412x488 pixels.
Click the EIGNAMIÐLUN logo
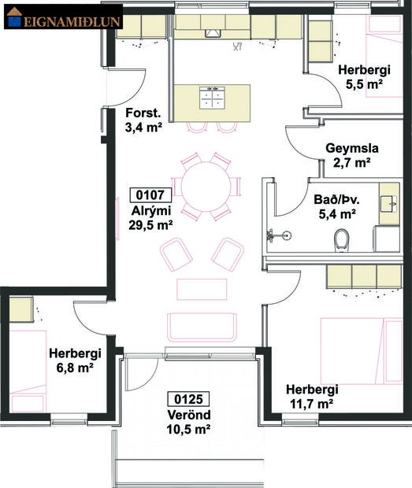pyautogui.click(x=63, y=19)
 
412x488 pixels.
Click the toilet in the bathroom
pyautogui.click(x=342, y=237)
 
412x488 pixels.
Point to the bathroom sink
pyautogui.click(x=389, y=201)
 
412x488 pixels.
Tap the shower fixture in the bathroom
pyautogui.click(x=272, y=234)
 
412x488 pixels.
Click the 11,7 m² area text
pyautogui.click(x=312, y=404)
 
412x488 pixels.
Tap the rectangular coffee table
pyautogui.click(x=202, y=289)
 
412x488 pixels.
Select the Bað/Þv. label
pyautogui.click(x=336, y=198)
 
